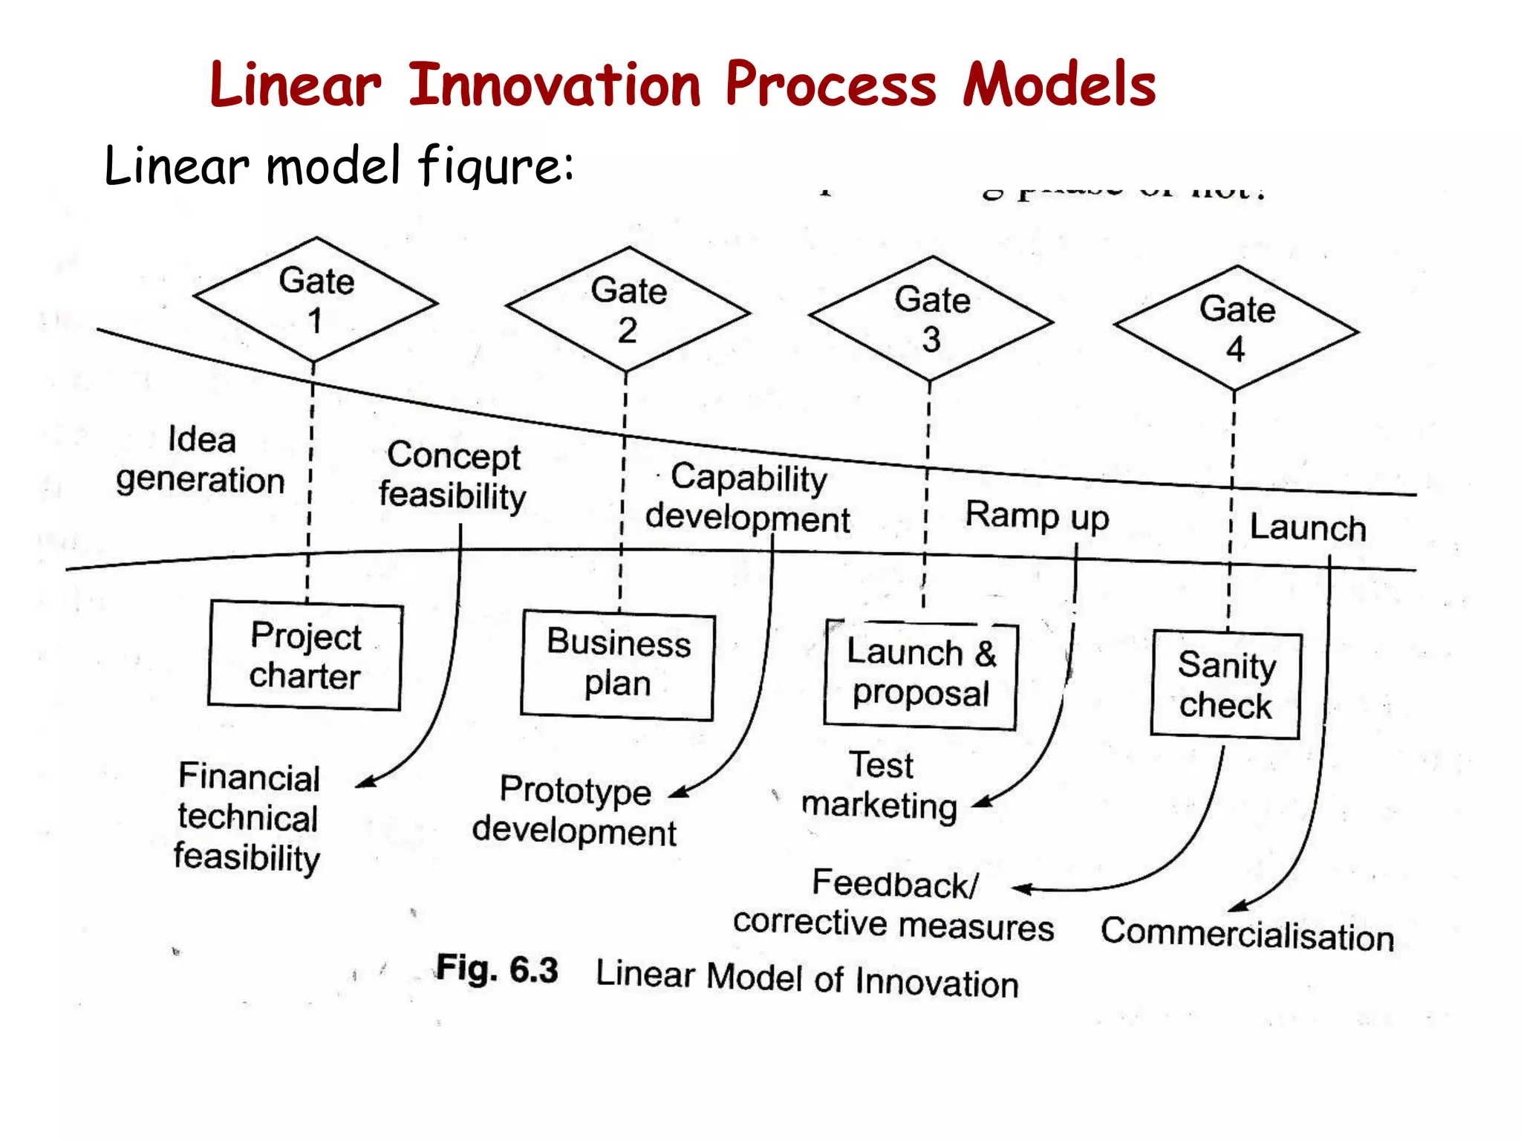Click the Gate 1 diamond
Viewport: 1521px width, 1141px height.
pyautogui.click(x=316, y=300)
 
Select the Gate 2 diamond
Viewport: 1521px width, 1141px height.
pyautogui.click(x=628, y=310)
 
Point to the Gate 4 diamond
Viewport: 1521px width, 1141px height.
pyautogui.click(x=1237, y=328)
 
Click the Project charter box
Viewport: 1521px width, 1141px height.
pyautogui.click(x=305, y=656)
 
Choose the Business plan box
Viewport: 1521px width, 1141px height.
pyautogui.click(x=618, y=664)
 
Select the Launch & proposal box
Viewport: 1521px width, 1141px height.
pyautogui.click(x=920, y=674)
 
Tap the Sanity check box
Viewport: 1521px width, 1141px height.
pyautogui.click(x=1225, y=685)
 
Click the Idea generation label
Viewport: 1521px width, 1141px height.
pyautogui.click(x=201, y=460)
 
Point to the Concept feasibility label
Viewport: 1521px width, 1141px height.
pyautogui.click(x=452, y=476)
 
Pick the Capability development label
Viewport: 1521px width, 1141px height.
pyautogui.click(x=748, y=498)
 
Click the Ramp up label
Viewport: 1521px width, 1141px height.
pyautogui.click(x=1037, y=515)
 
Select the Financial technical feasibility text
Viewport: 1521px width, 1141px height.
pyautogui.click(x=248, y=817)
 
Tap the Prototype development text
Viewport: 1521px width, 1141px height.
pyautogui.click(x=575, y=810)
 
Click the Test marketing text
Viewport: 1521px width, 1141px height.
pyautogui.click(x=881, y=786)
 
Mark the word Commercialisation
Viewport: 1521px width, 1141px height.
pyautogui.click(x=1247, y=934)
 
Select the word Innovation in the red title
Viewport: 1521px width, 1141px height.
pyautogui.click(x=555, y=85)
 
